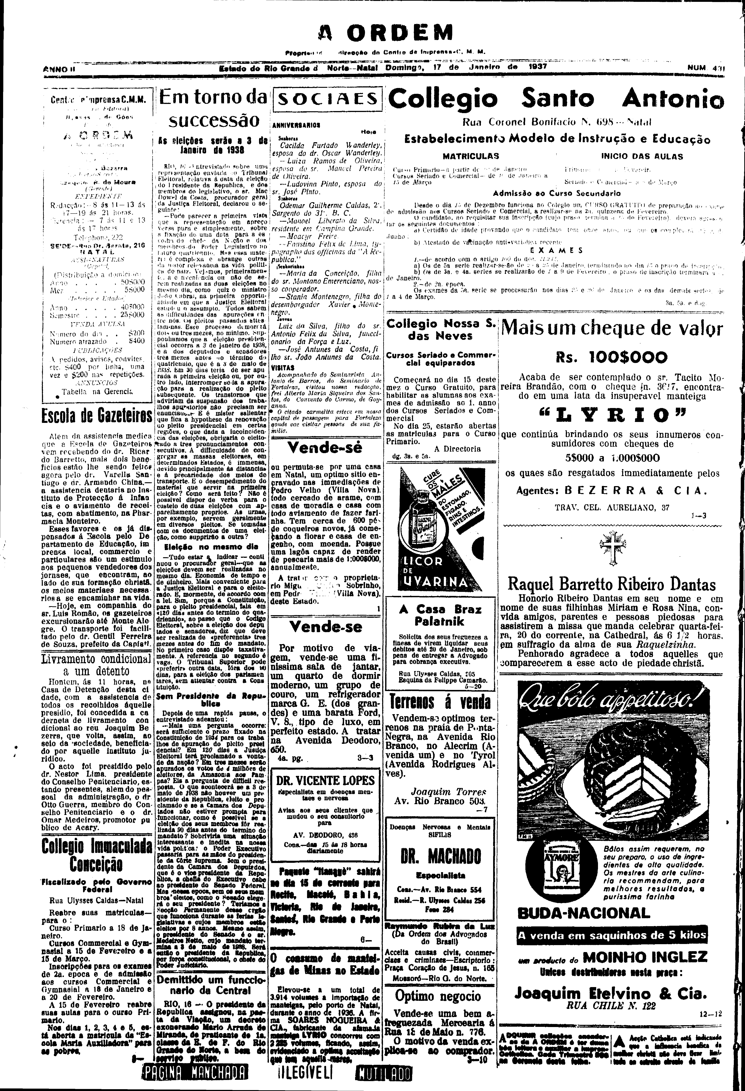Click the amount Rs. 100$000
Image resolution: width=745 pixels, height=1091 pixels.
[x=611, y=358]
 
